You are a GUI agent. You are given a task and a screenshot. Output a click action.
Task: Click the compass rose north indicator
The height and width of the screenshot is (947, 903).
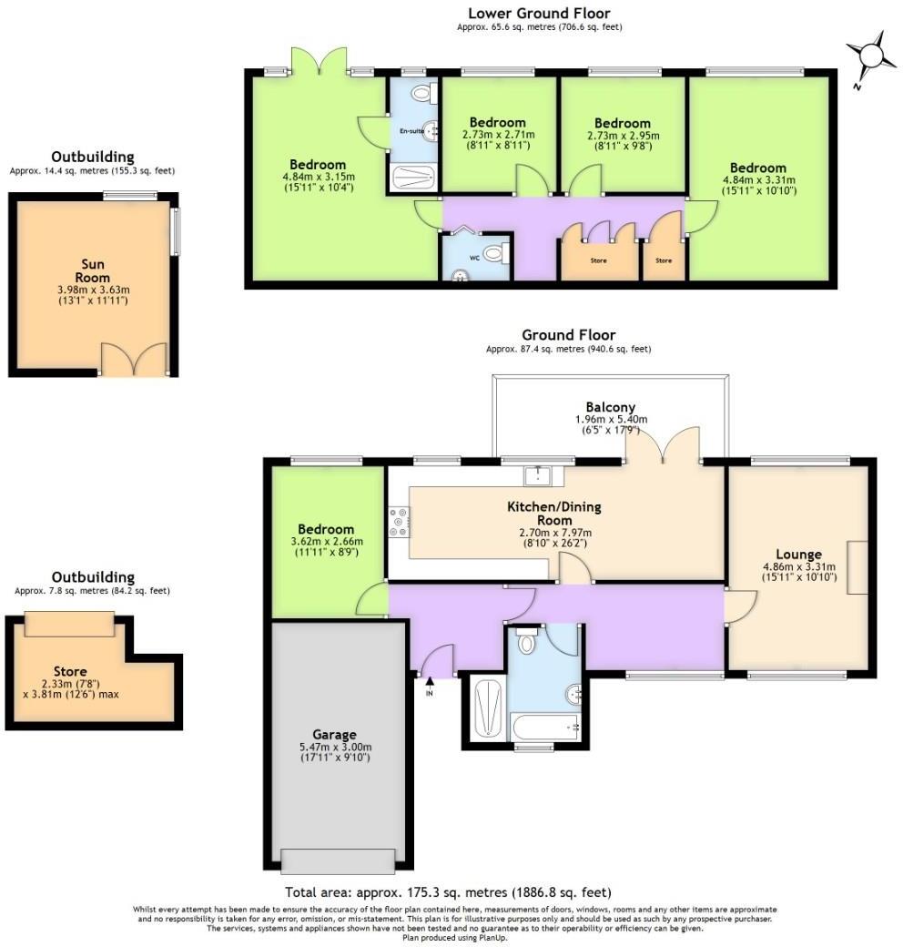tap(871, 56)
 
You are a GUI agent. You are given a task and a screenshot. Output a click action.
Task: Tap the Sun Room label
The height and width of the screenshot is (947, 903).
tap(92, 271)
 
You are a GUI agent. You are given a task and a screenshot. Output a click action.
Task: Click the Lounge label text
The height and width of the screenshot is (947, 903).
tap(798, 554)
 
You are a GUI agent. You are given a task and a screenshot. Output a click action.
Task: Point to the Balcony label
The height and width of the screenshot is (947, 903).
tap(610, 407)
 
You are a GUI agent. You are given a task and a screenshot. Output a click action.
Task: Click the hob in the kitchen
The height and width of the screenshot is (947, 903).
tap(399, 522)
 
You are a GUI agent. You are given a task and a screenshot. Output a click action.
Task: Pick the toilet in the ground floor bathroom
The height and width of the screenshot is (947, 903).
tap(526, 642)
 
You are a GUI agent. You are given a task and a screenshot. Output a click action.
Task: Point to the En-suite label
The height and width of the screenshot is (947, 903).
tap(412, 131)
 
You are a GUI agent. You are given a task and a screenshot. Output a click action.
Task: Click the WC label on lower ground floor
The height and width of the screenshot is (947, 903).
tap(473, 258)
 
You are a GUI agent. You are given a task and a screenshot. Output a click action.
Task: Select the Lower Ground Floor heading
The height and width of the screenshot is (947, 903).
tap(539, 13)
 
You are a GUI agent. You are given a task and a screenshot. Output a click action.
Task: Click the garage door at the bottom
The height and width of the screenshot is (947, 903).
tap(338, 859)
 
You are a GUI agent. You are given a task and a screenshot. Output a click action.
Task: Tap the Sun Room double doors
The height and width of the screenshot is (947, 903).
tap(134, 360)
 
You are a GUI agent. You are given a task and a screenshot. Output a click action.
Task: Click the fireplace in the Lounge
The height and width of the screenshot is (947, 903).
tap(857, 567)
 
